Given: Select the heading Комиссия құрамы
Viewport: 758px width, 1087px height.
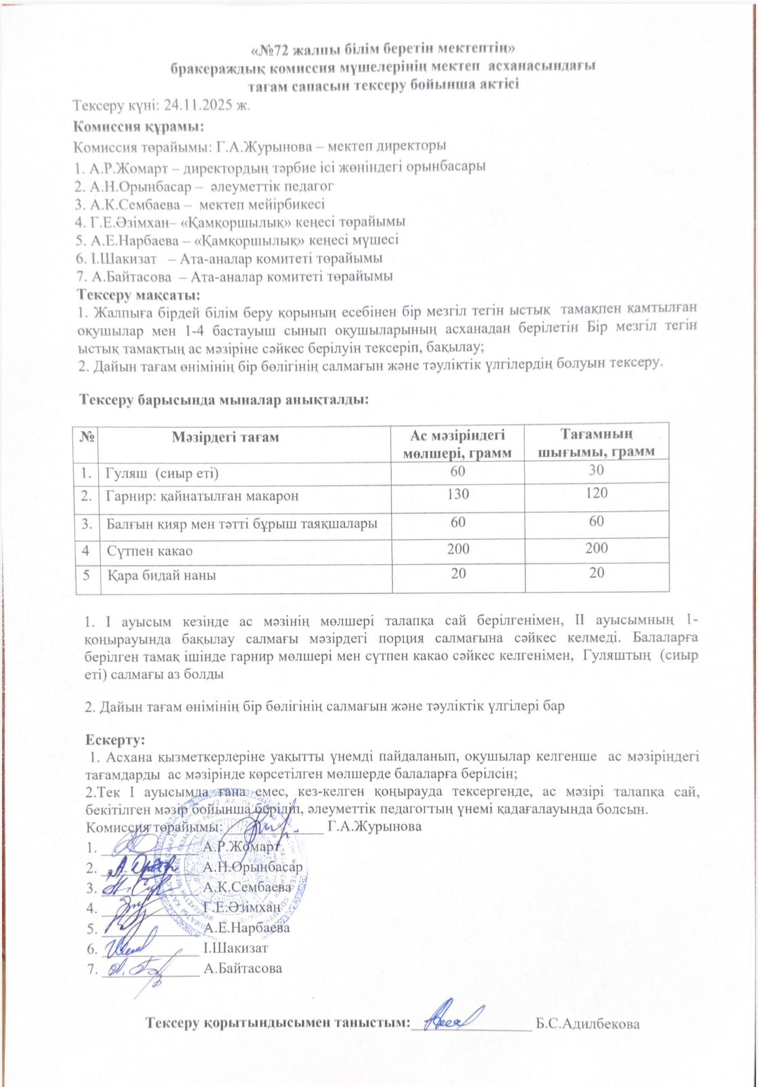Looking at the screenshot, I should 139,126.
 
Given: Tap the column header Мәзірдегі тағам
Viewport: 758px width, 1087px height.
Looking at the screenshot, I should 225,438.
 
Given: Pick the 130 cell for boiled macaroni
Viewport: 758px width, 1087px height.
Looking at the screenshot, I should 458,495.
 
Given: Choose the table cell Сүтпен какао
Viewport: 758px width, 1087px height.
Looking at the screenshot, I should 149,550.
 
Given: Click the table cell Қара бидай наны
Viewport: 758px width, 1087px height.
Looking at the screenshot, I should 162,576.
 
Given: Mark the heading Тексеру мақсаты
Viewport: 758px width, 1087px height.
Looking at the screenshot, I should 139,295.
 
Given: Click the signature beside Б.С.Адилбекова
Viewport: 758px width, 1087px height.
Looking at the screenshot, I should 451,1016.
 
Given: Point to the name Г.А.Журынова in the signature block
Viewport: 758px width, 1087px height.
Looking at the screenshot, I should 374,827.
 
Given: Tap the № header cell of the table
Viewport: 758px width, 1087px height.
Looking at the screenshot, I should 86,438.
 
